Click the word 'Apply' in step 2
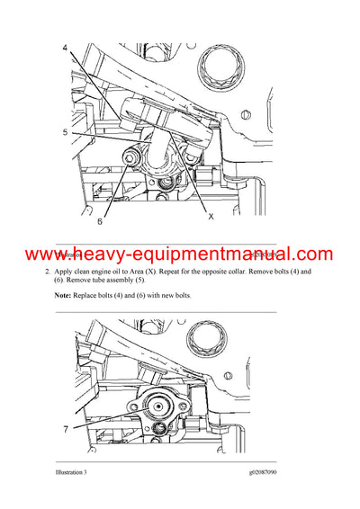point(67,271)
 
